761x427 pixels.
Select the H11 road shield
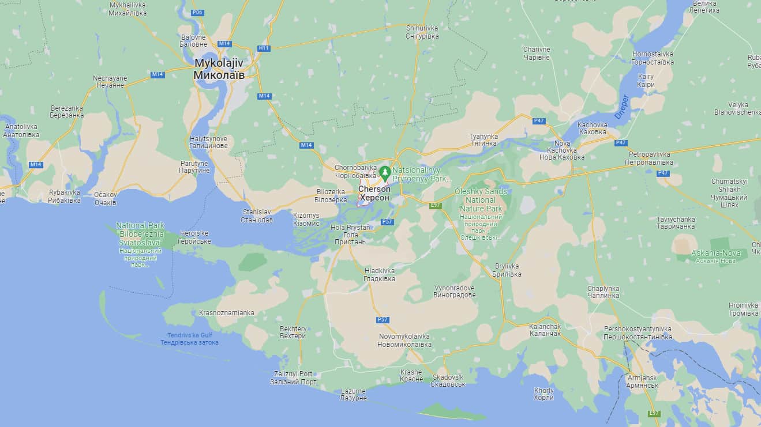tap(264, 48)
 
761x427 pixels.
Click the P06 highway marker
tap(198, 12)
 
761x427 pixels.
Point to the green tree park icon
tap(385, 172)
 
